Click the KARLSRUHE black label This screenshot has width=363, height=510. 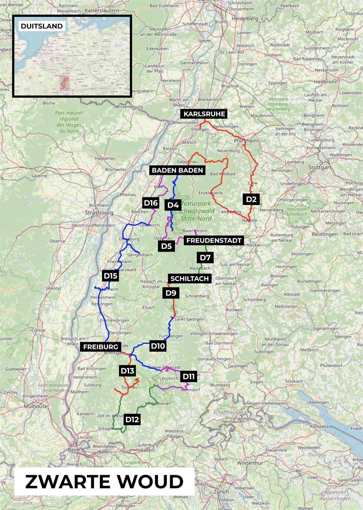pyautogui.click(x=204, y=114)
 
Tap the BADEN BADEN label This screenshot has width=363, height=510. pyautogui.click(x=177, y=170)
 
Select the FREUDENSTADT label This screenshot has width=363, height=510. pyautogui.click(x=214, y=240)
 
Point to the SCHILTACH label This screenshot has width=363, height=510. pyautogui.click(x=190, y=279)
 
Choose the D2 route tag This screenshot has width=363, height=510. pyautogui.click(x=251, y=199)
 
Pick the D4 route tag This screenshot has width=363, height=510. pyautogui.click(x=173, y=205)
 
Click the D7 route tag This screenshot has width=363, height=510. pyautogui.click(x=206, y=257)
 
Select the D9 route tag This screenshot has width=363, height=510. pyautogui.click(x=171, y=293)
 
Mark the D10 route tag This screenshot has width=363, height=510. pyautogui.click(x=157, y=346)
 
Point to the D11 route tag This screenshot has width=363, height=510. pyautogui.click(x=188, y=376)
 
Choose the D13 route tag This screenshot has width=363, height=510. pyautogui.click(x=128, y=370)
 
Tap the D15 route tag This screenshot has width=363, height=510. pyautogui.click(x=110, y=275)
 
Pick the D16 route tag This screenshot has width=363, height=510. pyautogui.click(x=150, y=203)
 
